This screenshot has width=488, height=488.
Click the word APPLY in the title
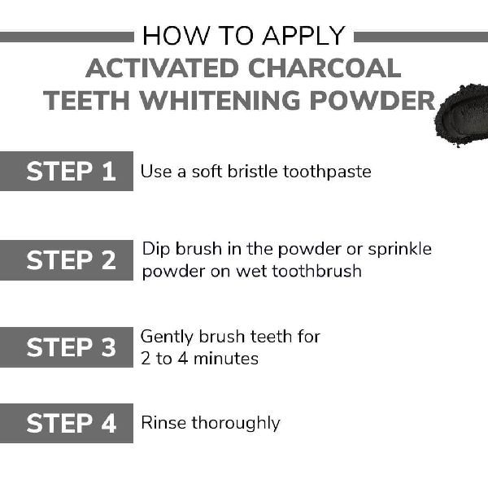(303, 36)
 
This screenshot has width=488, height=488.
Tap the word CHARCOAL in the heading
(325, 68)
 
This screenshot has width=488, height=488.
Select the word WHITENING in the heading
(220, 100)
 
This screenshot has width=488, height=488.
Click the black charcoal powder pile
(462, 115)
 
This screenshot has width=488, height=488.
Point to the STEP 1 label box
(67, 171)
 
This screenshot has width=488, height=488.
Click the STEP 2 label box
(67, 260)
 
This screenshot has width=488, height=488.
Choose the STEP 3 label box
(67, 347)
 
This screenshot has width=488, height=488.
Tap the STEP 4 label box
(67, 423)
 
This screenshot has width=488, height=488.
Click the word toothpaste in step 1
(327, 172)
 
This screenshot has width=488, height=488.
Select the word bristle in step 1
(252, 171)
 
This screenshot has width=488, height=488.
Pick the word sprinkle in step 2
(400, 250)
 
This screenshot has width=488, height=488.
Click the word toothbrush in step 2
(317, 271)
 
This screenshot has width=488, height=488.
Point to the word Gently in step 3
(167, 338)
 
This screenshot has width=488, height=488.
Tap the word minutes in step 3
(226, 359)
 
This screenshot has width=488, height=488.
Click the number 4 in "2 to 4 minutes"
(183, 358)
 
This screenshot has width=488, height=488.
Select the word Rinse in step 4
(163, 423)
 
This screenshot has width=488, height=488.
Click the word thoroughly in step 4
(236, 424)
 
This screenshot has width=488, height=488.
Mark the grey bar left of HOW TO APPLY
(67, 37)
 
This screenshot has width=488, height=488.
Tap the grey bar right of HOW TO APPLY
(421, 37)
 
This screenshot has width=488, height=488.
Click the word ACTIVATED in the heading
(163, 68)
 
